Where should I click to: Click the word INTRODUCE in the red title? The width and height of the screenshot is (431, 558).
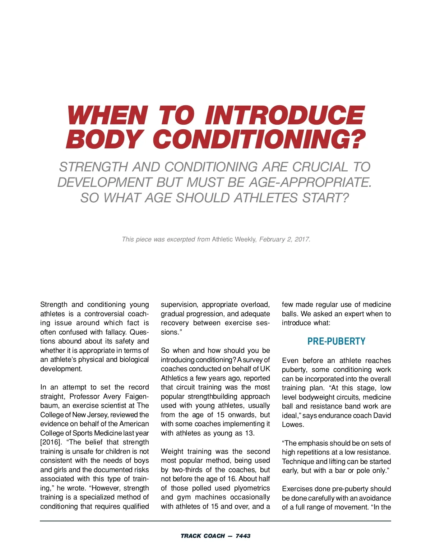tap(284, 116)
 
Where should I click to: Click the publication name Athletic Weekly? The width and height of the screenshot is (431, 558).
tap(234, 239)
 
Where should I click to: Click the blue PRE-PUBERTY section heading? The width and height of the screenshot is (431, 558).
tap(336, 341)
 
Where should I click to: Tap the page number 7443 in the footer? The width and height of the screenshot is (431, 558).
tap(243, 536)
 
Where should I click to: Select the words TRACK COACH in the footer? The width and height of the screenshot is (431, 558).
tap(203, 536)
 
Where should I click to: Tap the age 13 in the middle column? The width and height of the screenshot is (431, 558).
tap(249, 433)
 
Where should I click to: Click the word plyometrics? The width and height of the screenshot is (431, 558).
tap(252, 488)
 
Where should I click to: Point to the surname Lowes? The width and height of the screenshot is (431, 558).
tap(293, 425)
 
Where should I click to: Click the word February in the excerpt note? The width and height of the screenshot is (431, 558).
tap(272, 239)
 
